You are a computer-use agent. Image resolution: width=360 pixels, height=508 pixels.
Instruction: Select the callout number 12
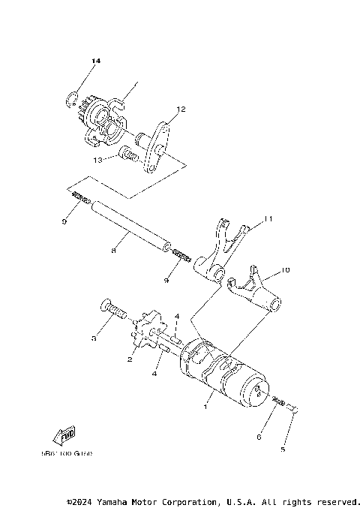[180, 110]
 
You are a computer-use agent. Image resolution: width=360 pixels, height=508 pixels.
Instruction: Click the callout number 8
[113, 252]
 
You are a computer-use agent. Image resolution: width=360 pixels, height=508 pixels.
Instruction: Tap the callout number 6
[259, 436]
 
